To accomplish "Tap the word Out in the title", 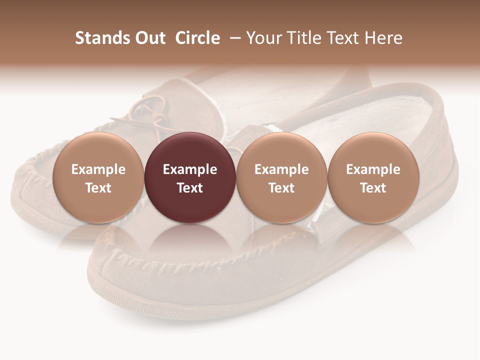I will click(x=149, y=38).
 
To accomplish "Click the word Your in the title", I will click(x=262, y=38).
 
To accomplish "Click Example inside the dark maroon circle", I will click(x=189, y=169).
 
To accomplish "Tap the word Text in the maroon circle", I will click(x=189, y=188).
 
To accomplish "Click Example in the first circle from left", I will click(x=98, y=169).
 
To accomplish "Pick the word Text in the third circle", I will click(x=281, y=188).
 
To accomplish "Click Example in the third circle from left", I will click(x=281, y=169).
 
